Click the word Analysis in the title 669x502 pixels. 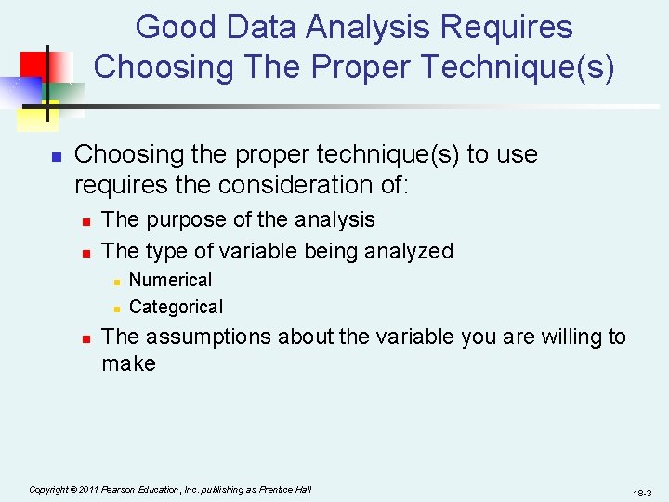tap(371, 28)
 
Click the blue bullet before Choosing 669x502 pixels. tap(56, 156)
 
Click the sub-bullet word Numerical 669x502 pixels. tap(170, 280)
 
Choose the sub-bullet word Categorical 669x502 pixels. tap(176, 307)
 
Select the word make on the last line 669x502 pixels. tap(128, 363)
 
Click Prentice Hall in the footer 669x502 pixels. tap(287, 489)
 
